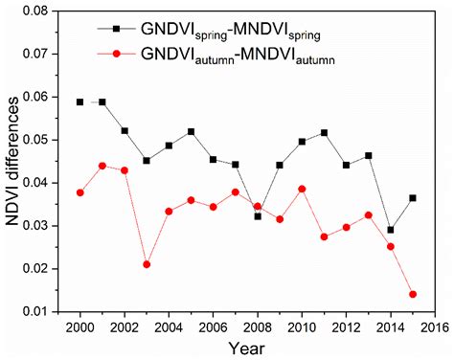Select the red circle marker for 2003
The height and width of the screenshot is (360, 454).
click(x=147, y=264)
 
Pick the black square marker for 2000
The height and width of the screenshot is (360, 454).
click(x=80, y=101)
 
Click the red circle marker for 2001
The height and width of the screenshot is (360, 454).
click(x=102, y=166)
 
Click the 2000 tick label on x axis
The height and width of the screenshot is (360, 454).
click(x=80, y=326)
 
